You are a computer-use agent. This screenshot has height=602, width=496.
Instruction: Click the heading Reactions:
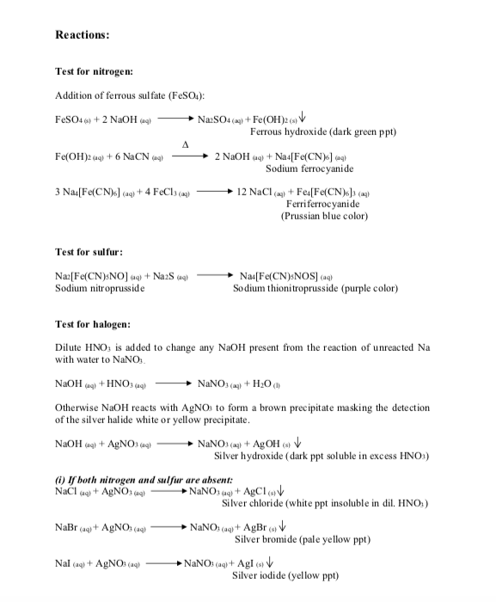click(83, 35)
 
